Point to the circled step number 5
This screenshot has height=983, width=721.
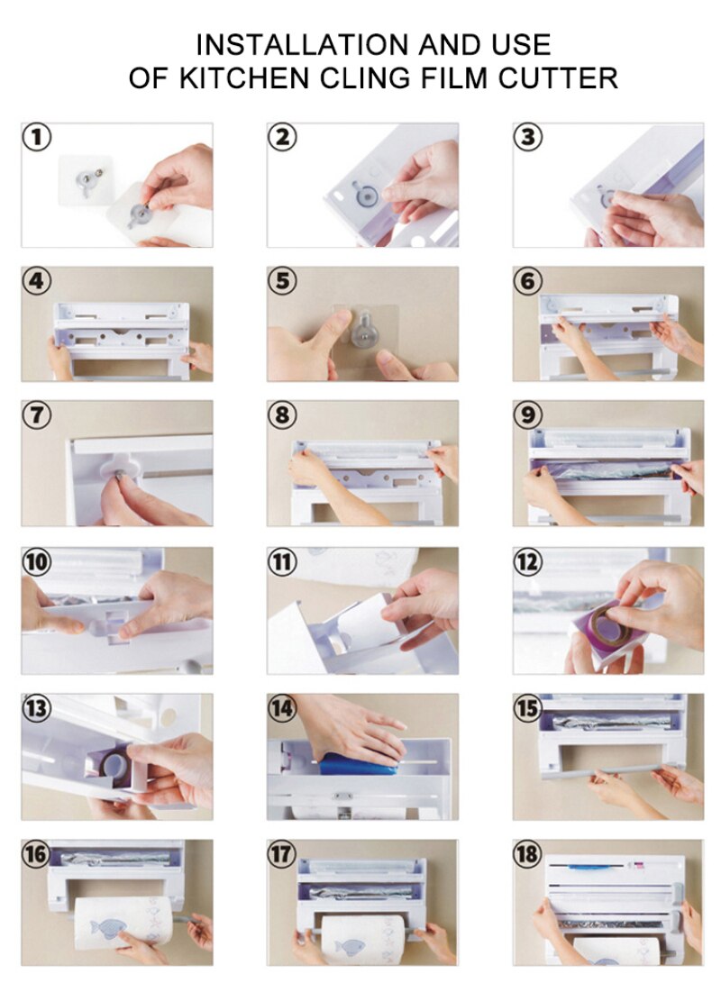(x=283, y=280)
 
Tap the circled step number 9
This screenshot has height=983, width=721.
(x=528, y=414)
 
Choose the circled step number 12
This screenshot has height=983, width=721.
(x=528, y=561)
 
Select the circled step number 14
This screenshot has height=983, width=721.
(x=283, y=708)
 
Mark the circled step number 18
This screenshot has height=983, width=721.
(x=528, y=854)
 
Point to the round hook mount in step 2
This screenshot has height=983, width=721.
(x=363, y=196)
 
